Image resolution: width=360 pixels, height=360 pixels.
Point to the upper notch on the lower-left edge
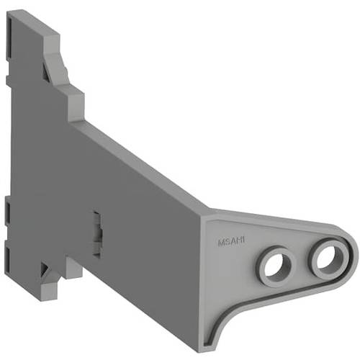pyautogui.click(x=7, y=209)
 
